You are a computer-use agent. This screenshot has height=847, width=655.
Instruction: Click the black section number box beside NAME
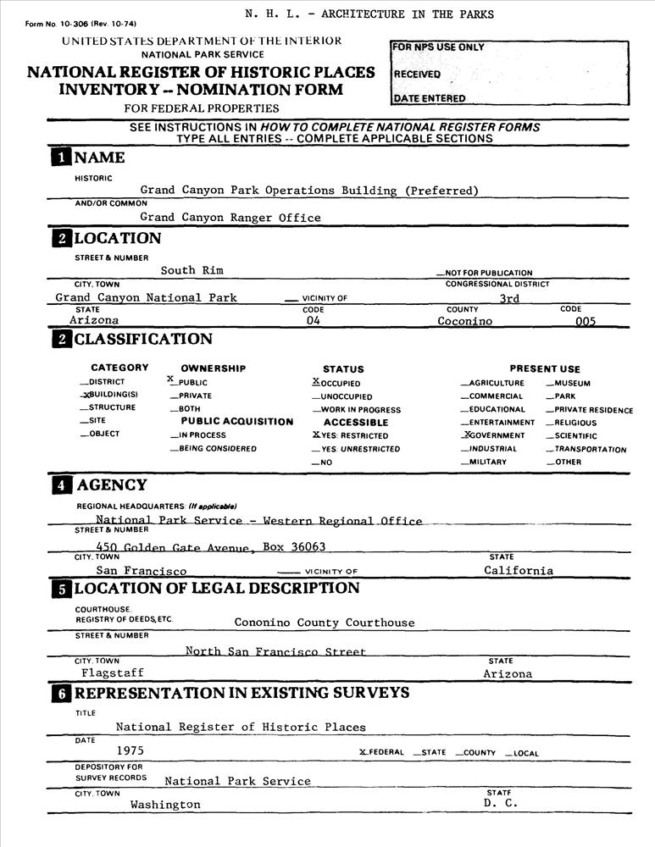tap(61, 157)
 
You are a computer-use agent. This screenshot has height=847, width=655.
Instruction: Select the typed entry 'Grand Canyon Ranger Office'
tap(230, 218)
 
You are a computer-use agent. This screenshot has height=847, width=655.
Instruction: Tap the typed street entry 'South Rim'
tap(192, 270)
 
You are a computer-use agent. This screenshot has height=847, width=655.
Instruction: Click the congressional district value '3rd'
tap(509, 298)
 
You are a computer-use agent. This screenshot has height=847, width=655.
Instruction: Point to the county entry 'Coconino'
tap(465, 321)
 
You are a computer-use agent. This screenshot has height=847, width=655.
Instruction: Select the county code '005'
tap(586, 322)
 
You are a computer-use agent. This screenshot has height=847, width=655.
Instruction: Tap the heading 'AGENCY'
tap(111, 485)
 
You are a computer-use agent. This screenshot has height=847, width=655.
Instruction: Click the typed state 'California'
tap(519, 571)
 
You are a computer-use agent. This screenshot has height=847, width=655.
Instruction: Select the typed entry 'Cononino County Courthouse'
tap(325, 623)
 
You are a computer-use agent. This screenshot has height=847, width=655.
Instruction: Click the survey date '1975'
tap(131, 750)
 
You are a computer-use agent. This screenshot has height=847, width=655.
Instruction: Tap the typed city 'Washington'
tap(165, 805)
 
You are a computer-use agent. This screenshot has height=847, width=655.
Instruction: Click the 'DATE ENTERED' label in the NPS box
tap(430, 98)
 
